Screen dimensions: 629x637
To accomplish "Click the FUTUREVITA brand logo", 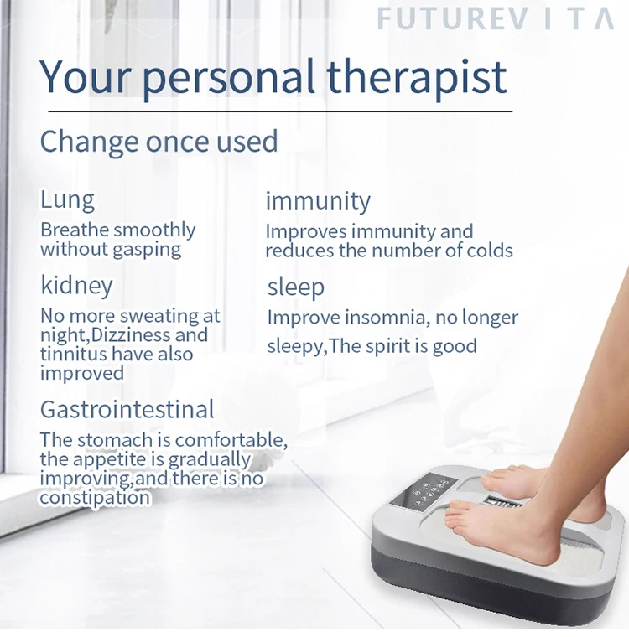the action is tap(496, 18).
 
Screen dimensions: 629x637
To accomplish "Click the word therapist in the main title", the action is tap(417, 77).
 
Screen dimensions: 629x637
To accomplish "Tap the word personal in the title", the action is tap(229, 79).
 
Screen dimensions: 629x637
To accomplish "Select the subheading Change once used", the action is tap(159, 142).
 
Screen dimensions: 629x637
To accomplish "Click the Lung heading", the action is tap(67, 200).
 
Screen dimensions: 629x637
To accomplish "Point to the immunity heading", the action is tap(318, 201).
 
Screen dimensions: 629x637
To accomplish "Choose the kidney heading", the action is tap(76, 286).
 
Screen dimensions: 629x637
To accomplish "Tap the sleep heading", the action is tap(295, 287).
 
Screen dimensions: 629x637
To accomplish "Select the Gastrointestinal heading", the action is tap(127, 410).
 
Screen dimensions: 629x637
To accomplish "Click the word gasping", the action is tap(147, 250).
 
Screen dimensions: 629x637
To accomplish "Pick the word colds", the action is tap(490, 251).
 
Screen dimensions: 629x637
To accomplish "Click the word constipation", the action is tap(95, 498).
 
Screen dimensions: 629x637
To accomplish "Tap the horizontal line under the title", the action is tap(280, 111).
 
